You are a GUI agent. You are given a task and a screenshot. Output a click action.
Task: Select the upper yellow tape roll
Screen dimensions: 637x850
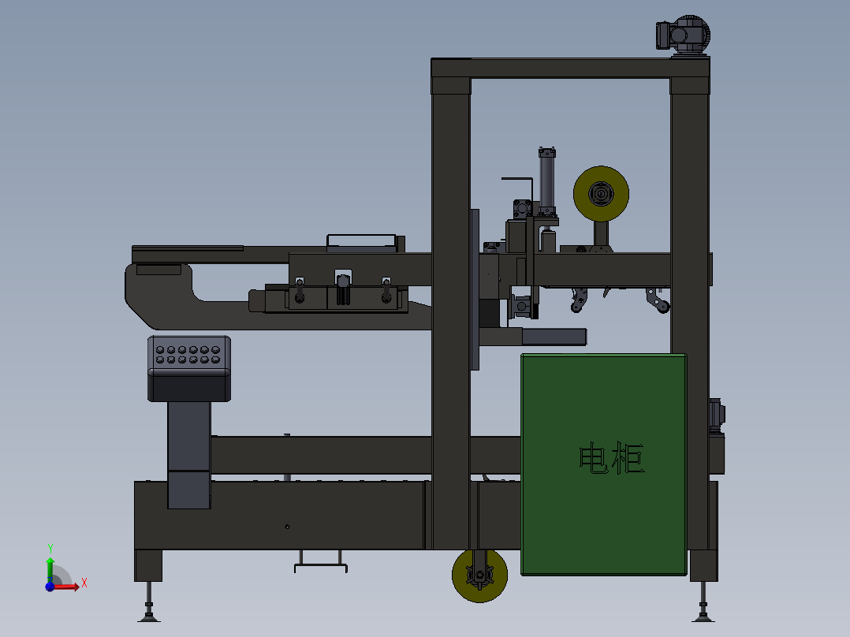click(601, 194)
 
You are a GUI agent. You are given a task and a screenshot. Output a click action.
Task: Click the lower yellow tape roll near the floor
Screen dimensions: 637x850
click(479, 576)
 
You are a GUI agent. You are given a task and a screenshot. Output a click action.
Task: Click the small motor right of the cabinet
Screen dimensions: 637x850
click(717, 415)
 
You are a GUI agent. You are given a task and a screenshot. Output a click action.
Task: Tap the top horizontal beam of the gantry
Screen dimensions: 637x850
click(569, 68)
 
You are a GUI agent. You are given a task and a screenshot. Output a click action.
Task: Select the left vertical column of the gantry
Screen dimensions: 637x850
click(451, 315)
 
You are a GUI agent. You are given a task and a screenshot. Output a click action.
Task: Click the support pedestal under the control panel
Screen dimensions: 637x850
click(189, 453)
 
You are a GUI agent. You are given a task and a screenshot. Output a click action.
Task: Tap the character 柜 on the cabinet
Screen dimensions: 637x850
click(629, 459)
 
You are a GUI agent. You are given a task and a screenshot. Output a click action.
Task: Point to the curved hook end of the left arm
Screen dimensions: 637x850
click(142, 296)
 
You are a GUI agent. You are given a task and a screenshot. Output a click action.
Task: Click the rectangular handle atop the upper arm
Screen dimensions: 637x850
click(361, 241)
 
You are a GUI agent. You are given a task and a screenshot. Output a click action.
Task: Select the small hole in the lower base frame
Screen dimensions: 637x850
click(287, 527)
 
